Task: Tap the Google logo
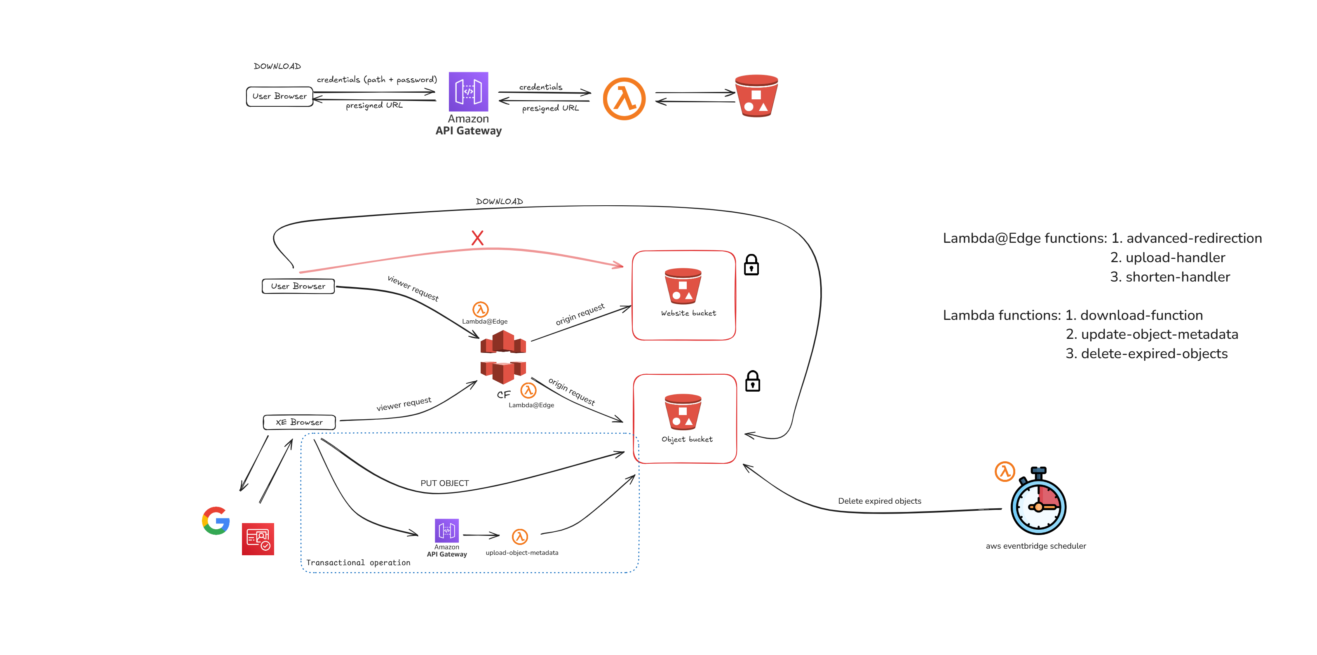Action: click(216, 521)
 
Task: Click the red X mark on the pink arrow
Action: click(477, 238)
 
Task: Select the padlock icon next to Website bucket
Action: click(751, 265)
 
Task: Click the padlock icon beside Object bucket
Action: click(752, 381)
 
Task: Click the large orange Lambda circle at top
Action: click(624, 99)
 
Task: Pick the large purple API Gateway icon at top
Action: click(468, 92)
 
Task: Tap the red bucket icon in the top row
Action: click(756, 96)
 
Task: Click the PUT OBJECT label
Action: click(444, 483)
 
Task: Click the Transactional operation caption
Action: click(358, 562)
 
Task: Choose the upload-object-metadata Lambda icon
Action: click(519, 536)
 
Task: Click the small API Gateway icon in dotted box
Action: click(446, 530)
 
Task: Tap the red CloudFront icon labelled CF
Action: click(503, 357)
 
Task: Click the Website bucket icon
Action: click(683, 286)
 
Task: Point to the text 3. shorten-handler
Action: click(1170, 277)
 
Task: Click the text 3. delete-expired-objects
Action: click(1146, 354)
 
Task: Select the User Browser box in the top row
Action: click(279, 96)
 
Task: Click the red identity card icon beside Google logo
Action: click(258, 539)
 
